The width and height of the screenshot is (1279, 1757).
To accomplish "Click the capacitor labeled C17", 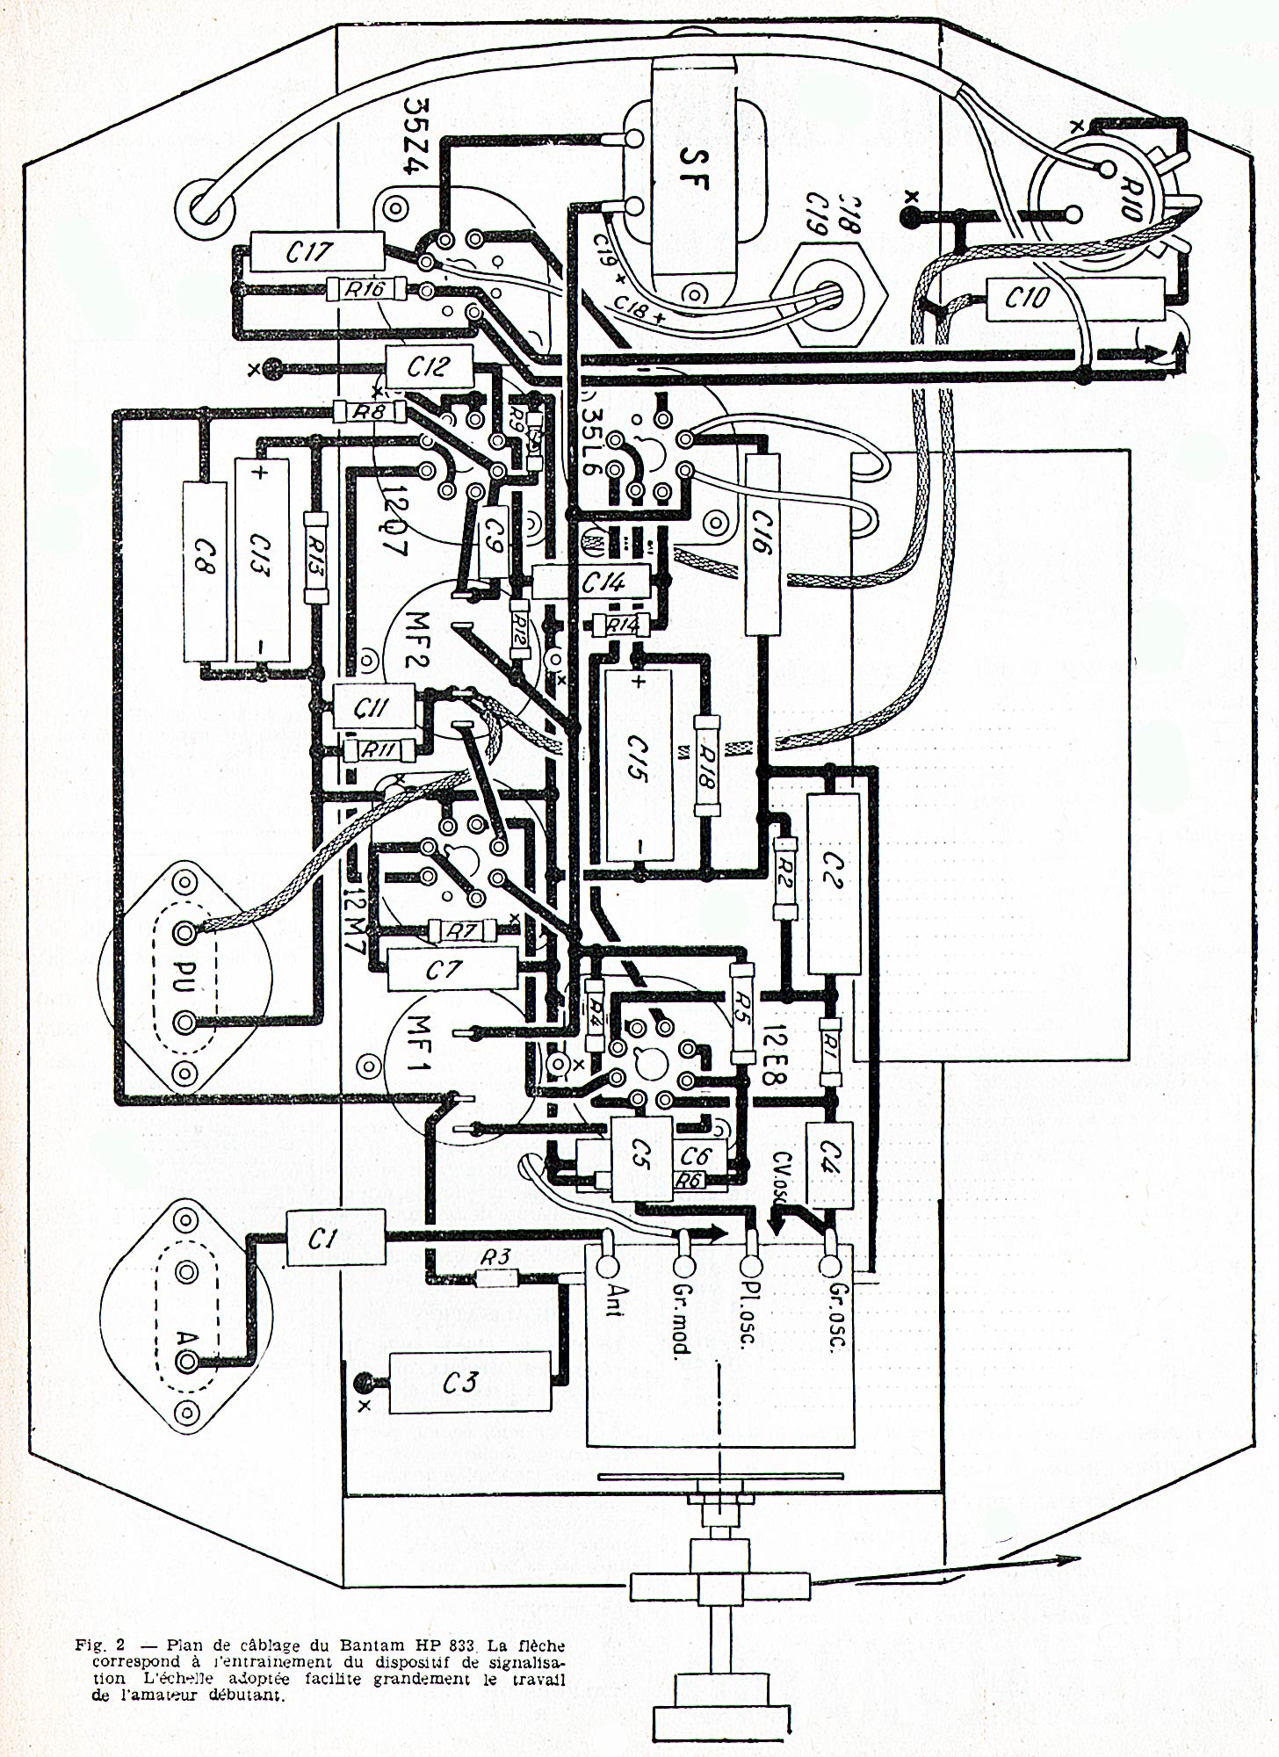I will (x=316, y=252).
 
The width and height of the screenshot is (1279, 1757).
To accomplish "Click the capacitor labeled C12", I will (x=429, y=366).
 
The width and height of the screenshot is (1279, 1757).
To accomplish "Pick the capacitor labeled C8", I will (x=205, y=571).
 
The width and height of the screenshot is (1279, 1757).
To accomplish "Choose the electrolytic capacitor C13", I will (x=262, y=559).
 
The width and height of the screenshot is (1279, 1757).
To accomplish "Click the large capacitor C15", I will (x=639, y=764).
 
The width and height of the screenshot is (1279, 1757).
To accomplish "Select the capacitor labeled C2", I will (x=833, y=883).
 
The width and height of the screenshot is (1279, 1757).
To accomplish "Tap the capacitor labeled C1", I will (x=336, y=1238).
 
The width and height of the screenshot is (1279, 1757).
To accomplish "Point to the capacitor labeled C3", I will (x=469, y=1383).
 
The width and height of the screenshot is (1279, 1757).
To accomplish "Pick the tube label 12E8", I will (x=775, y=1053).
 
